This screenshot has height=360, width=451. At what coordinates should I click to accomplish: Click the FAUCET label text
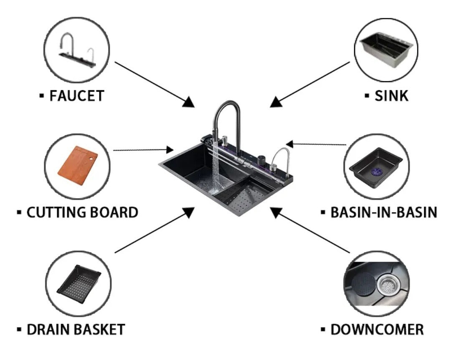pos(76,96)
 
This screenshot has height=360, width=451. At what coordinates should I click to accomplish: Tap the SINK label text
pos(391,96)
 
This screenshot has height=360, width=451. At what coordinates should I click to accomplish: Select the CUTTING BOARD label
pos(82,212)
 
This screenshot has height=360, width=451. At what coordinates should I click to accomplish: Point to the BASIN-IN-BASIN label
pos(383,212)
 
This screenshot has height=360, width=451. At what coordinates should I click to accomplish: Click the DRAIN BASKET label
pos(76,330)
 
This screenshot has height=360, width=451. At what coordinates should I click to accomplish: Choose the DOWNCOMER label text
pos(377,330)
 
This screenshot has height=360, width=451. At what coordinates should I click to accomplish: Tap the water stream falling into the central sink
pos(215,167)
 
